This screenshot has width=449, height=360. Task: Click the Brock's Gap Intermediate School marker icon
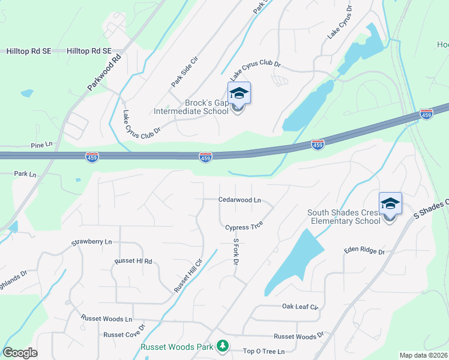click(239, 94)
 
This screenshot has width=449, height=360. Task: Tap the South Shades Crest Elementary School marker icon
click(390, 204)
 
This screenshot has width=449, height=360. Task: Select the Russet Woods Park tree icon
click(223, 346)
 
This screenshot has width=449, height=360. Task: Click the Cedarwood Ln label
click(240, 200)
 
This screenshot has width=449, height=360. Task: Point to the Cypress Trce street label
click(244, 227)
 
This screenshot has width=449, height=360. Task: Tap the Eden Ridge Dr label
click(364, 251)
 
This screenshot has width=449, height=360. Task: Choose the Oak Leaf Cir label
click(300, 307)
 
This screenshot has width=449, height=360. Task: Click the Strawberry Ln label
click(92, 242)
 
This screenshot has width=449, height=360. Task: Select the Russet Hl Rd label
click(134, 262)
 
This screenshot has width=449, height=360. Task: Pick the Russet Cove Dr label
click(124, 333)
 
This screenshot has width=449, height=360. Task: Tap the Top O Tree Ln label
click(264, 351)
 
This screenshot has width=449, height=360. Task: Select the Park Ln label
click(25, 174)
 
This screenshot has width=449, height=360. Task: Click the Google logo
click(20, 353)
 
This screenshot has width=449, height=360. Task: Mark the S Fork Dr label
click(236, 253)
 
